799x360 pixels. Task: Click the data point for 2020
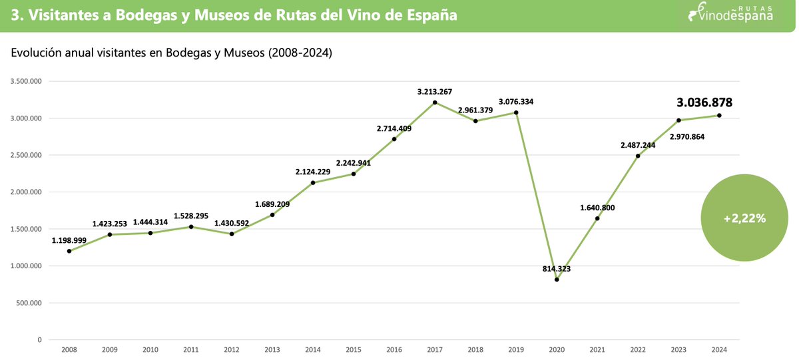[x=557, y=279]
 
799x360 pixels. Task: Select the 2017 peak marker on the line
[x=435, y=102]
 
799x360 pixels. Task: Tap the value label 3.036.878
[x=704, y=102]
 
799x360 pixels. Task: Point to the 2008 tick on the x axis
[x=69, y=349]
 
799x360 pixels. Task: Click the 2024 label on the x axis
[x=719, y=349]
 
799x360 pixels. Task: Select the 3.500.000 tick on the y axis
[x=26, y=82]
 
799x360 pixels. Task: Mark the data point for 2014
[x=313, y=183]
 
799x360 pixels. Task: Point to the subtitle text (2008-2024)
[x=300, y=53]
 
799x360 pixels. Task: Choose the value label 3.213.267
[x=435, y=91]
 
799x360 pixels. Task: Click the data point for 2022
[x=638, y=156]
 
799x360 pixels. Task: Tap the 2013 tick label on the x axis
[x=272, y=349]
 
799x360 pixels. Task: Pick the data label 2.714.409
[x=394, y=128]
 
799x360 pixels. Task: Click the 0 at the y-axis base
[x=40, y=340]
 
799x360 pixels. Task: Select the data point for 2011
[x=191, y=227]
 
